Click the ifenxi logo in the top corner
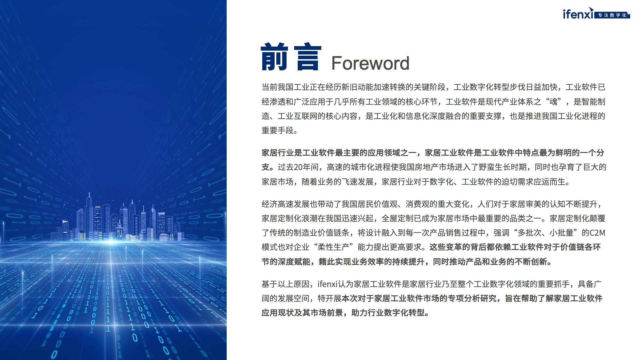coord(578,13)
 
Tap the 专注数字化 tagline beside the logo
coord(612,15)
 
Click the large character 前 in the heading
coord(274,57)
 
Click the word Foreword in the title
coord(370,63)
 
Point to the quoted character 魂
coord(554,102)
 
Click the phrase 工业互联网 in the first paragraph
coord(297,116)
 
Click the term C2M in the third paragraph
coord(597,233)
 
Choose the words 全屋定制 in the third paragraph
coord(397,218)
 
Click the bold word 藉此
coord(327,262)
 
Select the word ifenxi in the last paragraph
coord(328,284)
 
